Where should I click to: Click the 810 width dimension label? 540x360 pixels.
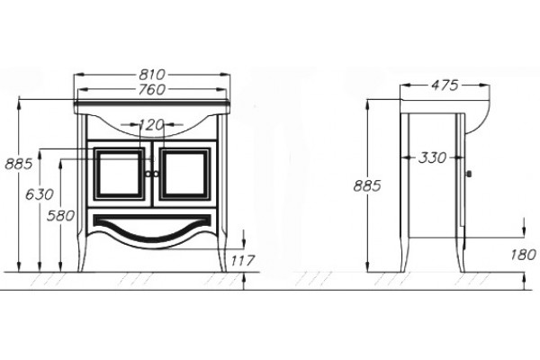click(152, 74)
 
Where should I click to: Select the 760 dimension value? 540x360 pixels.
click(152, 90)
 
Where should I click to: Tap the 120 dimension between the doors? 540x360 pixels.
click(151, 125)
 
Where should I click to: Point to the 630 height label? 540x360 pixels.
click(40, 194)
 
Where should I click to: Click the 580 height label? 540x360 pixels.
click(60, 216)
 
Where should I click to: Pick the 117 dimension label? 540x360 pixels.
click(242, 260)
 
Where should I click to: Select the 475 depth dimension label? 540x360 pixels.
click(445, 85)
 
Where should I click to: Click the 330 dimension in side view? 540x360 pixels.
click(432, 157)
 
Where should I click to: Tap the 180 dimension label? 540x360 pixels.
click(523, 255)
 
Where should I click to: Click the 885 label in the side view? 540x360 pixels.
click(367, 186)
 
